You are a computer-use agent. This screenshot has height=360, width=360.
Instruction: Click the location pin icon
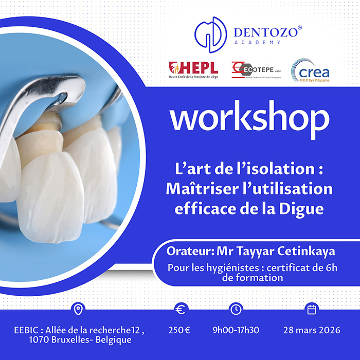(x=78, y=309)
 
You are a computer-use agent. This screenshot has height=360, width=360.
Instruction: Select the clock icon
(x=236, y=309)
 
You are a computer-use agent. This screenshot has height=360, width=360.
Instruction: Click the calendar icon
(x=311, y=309)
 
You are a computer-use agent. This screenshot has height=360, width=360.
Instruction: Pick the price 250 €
(x=179, y=330)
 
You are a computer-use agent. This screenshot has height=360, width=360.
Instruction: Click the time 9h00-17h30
(x=236, y=330)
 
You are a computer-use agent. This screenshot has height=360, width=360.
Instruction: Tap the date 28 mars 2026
(x=311, y=330)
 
